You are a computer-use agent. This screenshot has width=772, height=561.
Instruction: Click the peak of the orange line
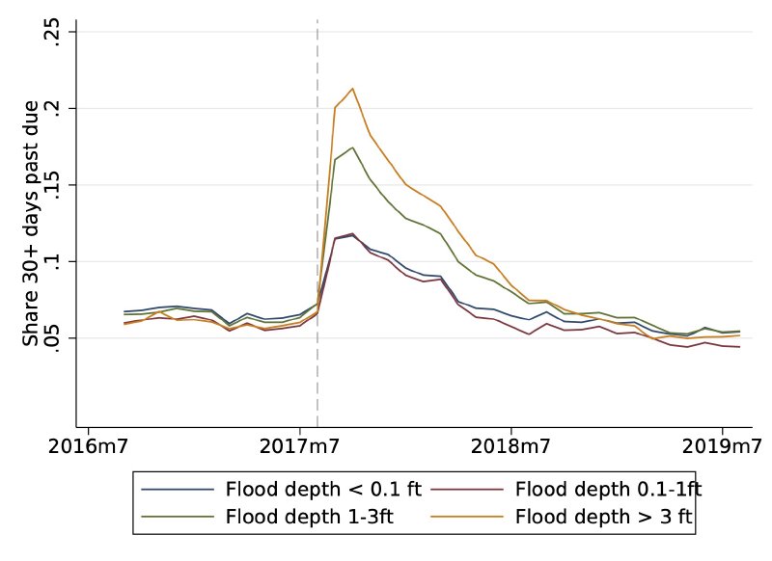[x=352, y=89]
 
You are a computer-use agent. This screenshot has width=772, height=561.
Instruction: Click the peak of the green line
[x=352, y=147]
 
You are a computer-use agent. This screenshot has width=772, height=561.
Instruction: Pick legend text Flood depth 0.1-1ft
[x=609, y=489]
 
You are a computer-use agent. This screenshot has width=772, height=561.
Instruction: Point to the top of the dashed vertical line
[x=317, y=19]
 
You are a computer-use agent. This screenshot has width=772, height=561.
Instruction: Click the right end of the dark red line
[x=739, y=347]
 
